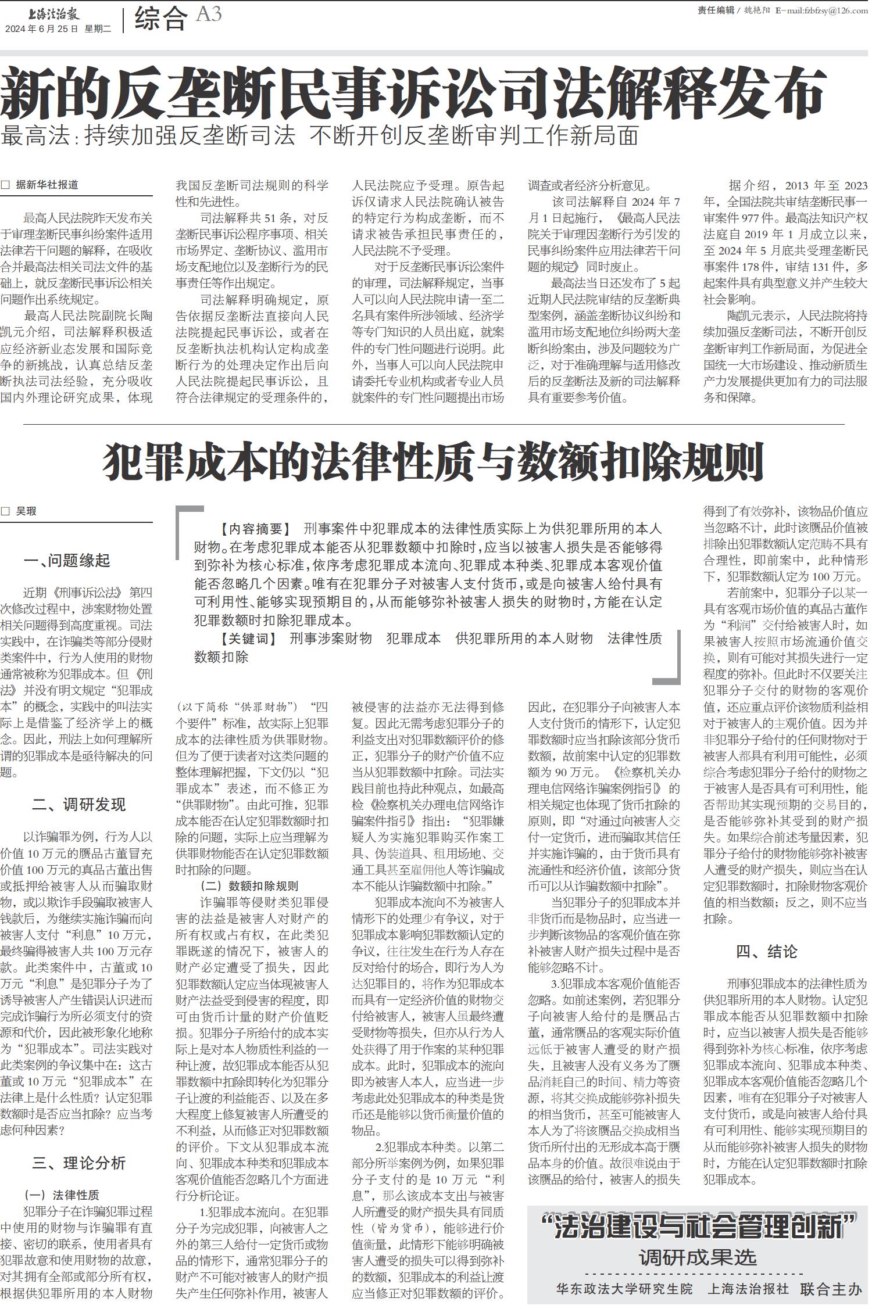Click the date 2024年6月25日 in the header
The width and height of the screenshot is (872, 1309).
41,29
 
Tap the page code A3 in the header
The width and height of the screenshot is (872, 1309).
209,15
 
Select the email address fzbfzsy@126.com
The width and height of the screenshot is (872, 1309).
825,10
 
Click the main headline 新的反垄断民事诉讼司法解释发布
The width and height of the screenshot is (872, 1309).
413,93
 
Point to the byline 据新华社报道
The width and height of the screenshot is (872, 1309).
47,185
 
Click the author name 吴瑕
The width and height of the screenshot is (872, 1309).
26,511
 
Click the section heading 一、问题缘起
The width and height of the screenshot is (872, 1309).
67,561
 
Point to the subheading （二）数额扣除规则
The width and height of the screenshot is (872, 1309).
249,885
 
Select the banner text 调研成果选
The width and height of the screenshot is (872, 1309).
698,1258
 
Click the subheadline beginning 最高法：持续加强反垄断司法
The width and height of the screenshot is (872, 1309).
320,135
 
